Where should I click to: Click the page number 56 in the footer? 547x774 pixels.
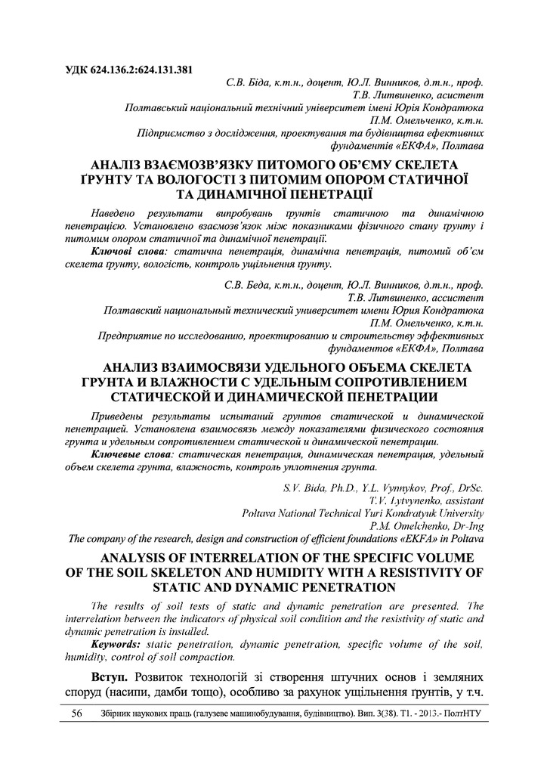[76, 713]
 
